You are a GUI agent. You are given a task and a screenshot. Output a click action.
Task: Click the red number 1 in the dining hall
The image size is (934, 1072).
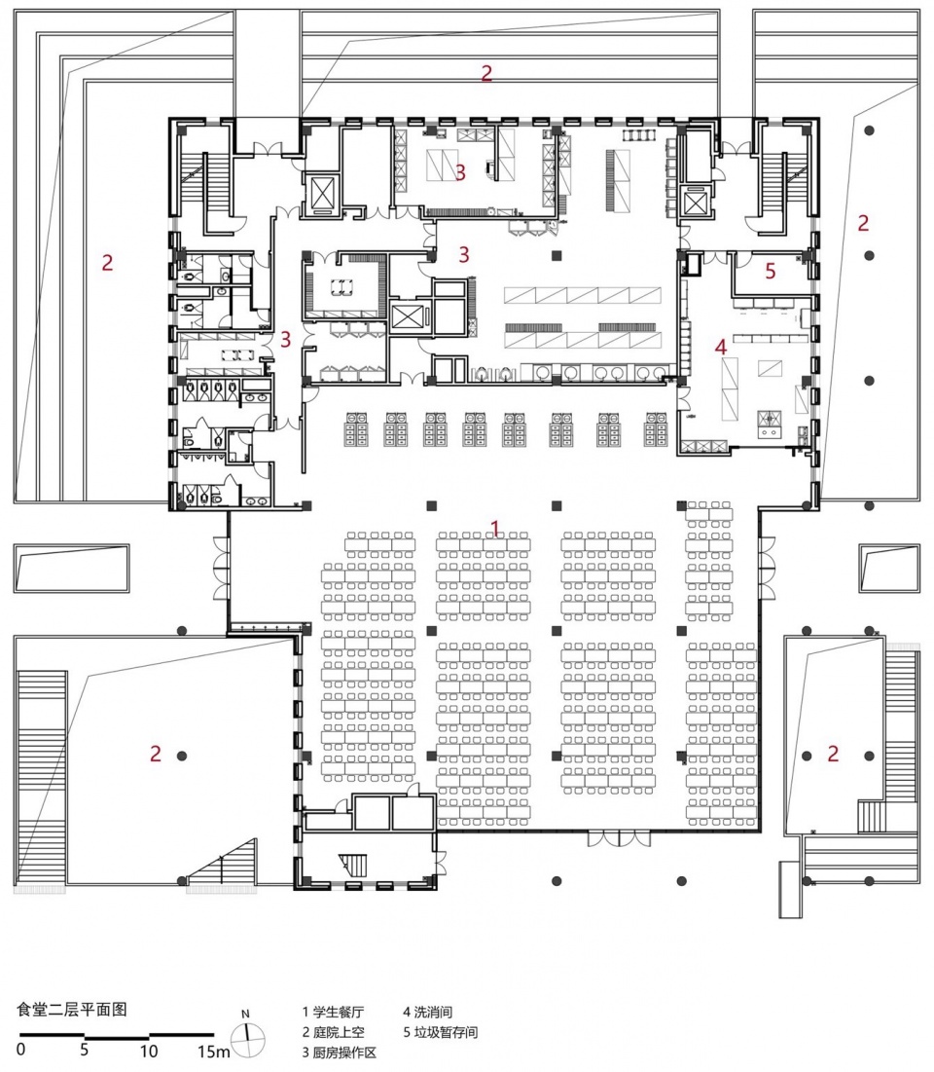click(495, 529)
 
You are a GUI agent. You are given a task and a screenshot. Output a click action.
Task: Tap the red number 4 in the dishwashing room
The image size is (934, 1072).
click(721, 347)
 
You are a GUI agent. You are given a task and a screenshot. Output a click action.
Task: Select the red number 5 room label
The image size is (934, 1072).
click(771, 271)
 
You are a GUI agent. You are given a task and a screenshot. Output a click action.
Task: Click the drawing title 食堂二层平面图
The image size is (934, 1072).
click(72, 1009)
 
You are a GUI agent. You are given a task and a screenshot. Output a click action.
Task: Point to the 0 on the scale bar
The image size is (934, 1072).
click(21, 1049)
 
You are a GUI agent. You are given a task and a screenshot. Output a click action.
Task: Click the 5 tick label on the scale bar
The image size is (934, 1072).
click(84, 1049)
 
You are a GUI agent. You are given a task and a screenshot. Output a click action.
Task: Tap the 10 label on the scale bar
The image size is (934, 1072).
click(148, 1050)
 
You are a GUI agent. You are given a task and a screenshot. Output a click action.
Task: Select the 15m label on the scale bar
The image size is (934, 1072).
click(214, 1050)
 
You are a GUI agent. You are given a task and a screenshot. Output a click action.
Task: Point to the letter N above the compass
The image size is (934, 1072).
click(246, 1015)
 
